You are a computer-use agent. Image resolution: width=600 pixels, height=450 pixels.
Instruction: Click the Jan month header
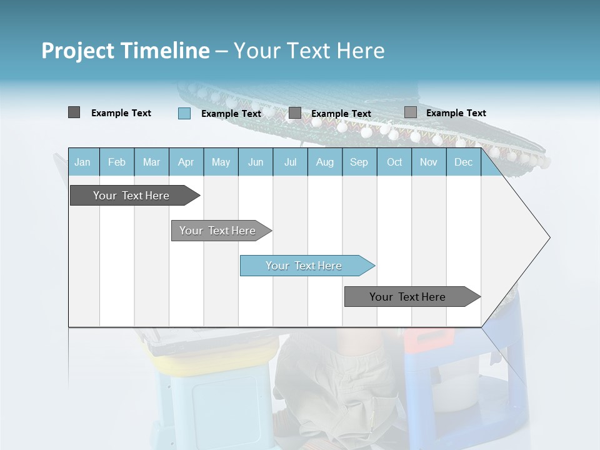(82, 162)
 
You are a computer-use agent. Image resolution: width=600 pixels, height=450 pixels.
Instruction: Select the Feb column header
(117, 162)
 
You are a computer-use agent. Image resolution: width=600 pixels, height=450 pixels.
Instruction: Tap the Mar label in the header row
(151, 162)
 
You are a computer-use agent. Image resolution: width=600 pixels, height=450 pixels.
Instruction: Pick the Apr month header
(186, 162)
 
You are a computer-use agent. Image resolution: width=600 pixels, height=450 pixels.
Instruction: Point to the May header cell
(221, 162)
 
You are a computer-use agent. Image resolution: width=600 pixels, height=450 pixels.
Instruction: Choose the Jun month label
(256, 162)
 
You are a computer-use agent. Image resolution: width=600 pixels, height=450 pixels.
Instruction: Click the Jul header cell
(290, 162)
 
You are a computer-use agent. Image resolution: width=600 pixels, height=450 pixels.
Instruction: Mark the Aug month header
(324, 162)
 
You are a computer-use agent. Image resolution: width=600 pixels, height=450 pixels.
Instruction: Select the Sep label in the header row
(359, 162)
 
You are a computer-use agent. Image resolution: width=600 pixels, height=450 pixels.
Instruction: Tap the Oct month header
(394, 162)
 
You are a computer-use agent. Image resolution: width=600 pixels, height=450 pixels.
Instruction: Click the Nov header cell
(429, 162)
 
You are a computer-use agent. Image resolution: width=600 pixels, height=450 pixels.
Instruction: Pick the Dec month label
(463, 162)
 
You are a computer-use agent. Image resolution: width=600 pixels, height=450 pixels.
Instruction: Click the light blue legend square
(184, 113)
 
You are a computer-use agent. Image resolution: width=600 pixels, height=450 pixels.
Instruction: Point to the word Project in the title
(78, 51)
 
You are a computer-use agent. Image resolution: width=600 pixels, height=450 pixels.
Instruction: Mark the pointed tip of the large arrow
(549, 237)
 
